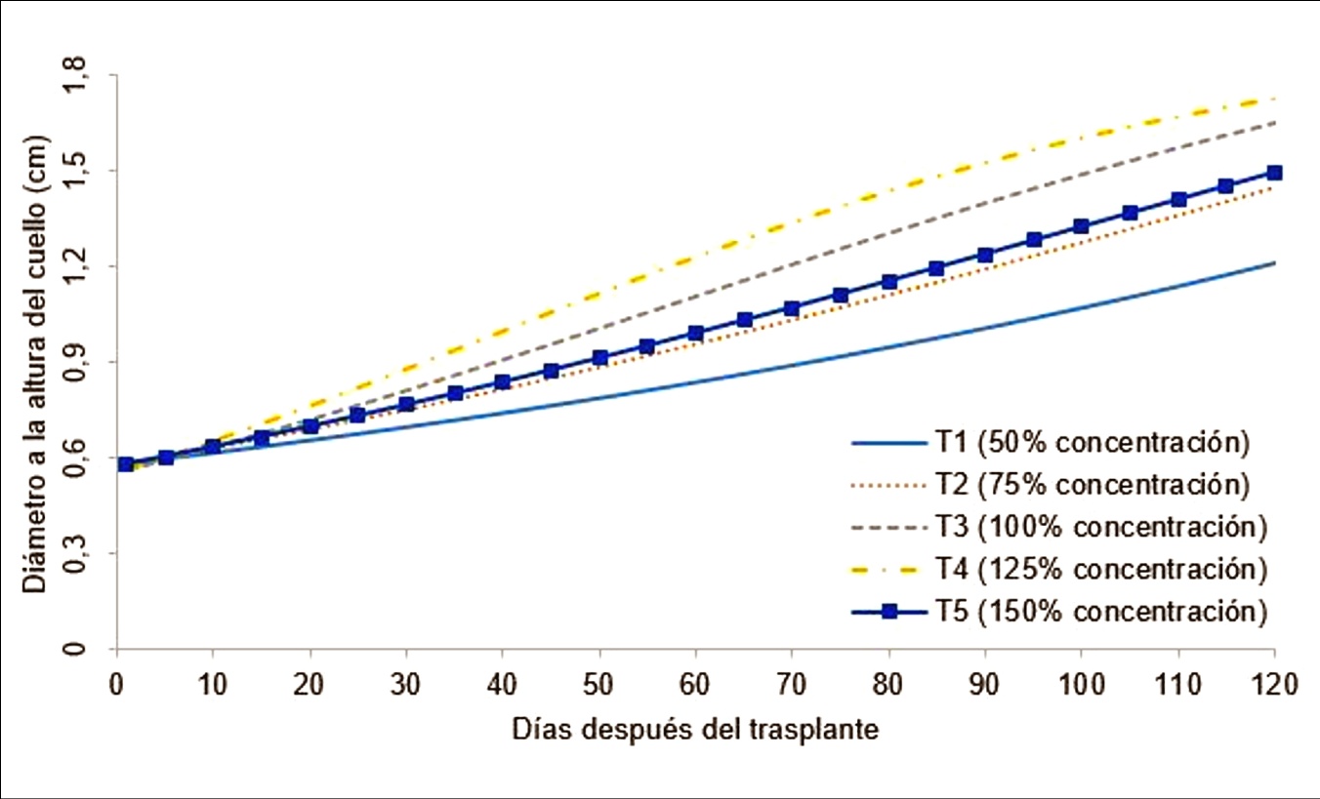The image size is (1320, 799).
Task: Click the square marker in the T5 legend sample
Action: (x=888, y=612)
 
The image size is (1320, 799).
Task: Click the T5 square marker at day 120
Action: (x=1274, y=173)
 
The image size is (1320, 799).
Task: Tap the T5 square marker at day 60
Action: (x=695, y=334)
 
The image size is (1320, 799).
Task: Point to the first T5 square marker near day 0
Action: (x=125, y=464)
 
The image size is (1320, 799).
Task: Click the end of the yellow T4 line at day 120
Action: (x=1274, y=99)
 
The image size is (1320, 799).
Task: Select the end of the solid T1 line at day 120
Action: (x=1274, y=262)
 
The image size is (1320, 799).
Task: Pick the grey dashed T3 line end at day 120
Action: (x=1274, y=123)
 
